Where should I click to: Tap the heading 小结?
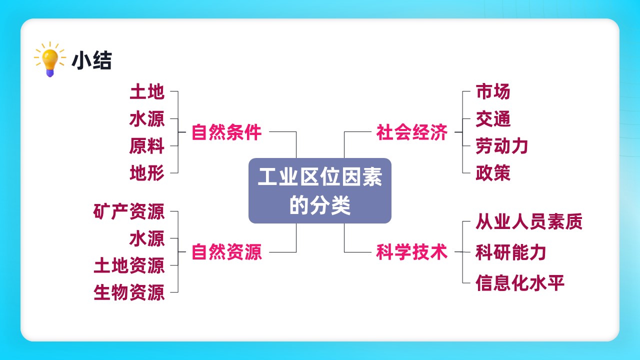[x=91, y=60]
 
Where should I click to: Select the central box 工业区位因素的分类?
[x=320, y=190]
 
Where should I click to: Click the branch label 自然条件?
[x=226, y=132]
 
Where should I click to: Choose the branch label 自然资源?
[x=226, y=252]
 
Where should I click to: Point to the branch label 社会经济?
[x=411, y=132]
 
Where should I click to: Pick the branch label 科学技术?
[x=411, y=252]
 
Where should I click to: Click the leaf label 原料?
[x=147, y=145]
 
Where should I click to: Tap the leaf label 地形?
[x=147, y=173]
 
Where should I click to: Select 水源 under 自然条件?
[x=147, y=119]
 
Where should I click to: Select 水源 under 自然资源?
[x=147, y=238]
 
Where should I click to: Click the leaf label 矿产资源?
[x=129, y=211]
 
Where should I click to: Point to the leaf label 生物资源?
[x=129, y=292]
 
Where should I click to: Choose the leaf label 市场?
[x=493, y=91]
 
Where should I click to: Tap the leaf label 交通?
[x=493, y=119]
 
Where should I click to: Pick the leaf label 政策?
[x=493, y=173]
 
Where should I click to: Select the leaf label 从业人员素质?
[x=529, y=221]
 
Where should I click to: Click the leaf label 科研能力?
[x=511, y=252]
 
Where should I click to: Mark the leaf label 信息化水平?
[x=520, y=283]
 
